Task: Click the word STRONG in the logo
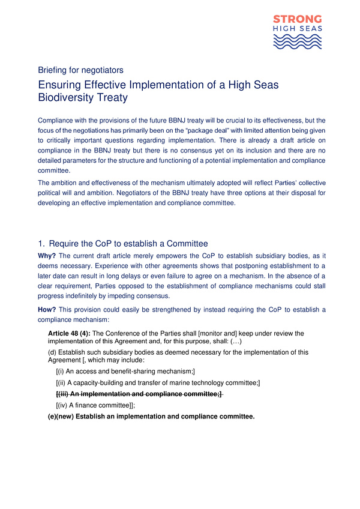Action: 298,19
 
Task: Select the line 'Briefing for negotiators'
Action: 80,70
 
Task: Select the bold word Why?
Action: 47,256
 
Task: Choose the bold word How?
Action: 47,310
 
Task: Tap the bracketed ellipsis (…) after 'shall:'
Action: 232,341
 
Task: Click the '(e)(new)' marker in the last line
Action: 65,417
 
